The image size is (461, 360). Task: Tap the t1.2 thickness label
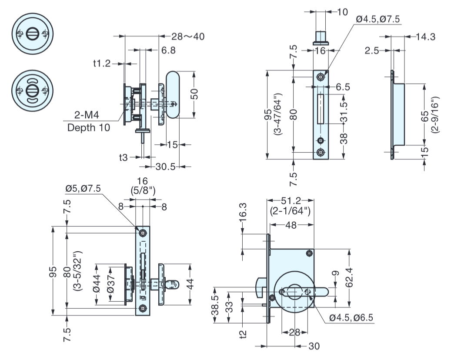point(102,63)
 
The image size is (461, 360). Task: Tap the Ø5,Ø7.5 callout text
point(84,188)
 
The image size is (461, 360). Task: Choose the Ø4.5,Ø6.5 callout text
point(351,317)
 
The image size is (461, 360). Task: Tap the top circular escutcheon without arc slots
point(32,34)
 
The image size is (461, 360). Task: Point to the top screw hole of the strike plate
point(321,77)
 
